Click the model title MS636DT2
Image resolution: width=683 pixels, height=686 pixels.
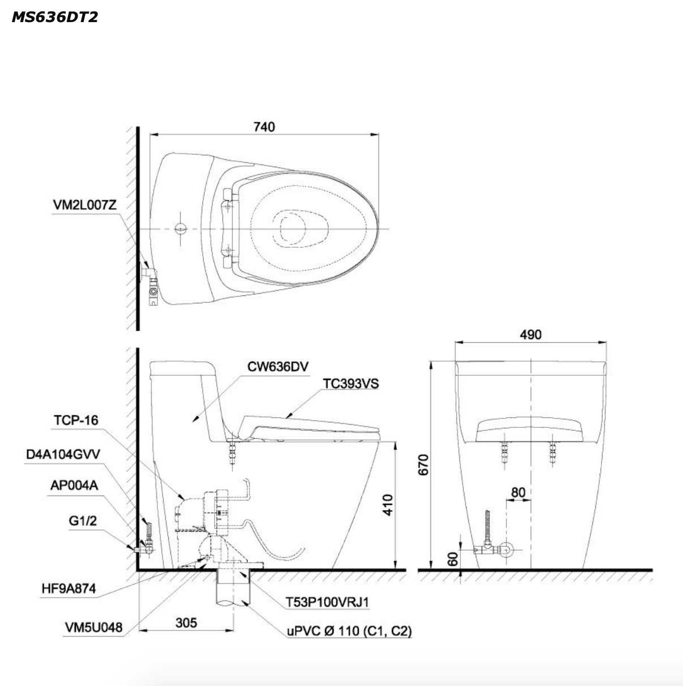pyautogui.click(x=55, y=17)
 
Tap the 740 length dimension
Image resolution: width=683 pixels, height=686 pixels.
pyautogui.click(x=264, y=127)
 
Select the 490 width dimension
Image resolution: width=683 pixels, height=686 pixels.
pyautogui.click(x=531, y=334)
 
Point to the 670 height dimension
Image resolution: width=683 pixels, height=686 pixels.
pyautogui.click(x=424, y=464)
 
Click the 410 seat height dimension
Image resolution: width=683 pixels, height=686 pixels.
pyautogui.click(x=388, y=505)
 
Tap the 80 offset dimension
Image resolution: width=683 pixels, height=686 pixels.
pyautogui.click(x=518, y=492)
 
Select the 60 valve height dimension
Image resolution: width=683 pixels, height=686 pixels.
pyautogui.click(x=453, y=559)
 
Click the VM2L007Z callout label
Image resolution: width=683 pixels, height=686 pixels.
pyautogui.click(x=84, y=205)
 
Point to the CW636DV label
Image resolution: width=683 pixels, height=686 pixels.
pyautogui.click(x=278, y=366)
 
